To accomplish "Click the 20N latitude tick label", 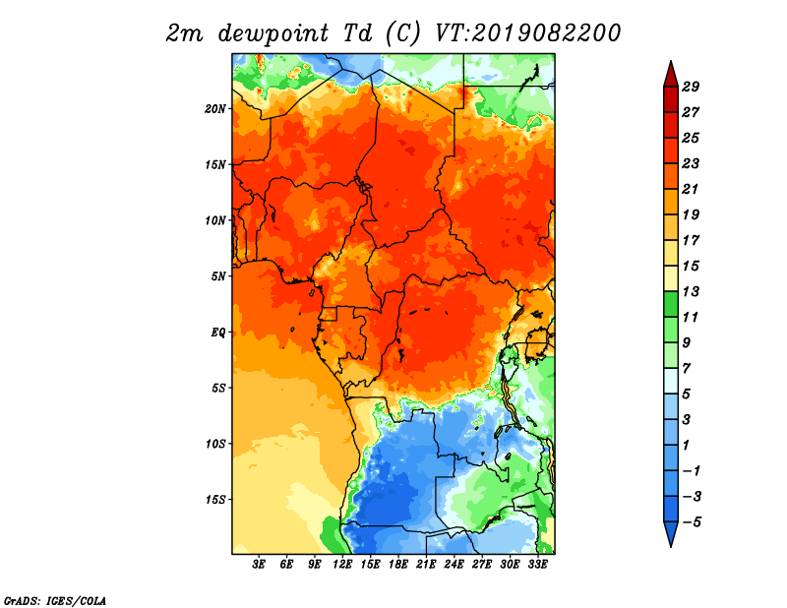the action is click(215, 109).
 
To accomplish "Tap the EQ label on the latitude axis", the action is click(217, 333).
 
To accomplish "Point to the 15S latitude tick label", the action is click(215, 500).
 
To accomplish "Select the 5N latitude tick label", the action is click(218, 276).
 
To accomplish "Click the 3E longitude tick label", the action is click(259, 565).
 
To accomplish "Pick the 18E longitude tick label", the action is click(398, 565).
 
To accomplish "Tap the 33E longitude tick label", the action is click(537, 565).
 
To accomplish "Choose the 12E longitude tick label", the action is click(342, 565).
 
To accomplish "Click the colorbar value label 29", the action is click(691, 87).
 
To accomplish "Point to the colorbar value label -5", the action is click(692, 522).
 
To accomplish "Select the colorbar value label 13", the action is click(691, 291).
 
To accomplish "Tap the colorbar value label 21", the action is click(691, 189).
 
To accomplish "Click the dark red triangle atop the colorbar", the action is click(671, 76).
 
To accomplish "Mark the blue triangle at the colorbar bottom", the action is click(671, 532).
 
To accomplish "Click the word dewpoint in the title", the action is click(273, 33).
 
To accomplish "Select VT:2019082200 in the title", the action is click(527, 33).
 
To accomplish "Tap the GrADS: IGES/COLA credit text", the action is click(55, 600).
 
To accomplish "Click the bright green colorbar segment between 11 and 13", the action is click(671, 304).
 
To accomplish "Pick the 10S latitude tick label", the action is click(215, 445).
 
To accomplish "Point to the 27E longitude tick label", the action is click(482, 565).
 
